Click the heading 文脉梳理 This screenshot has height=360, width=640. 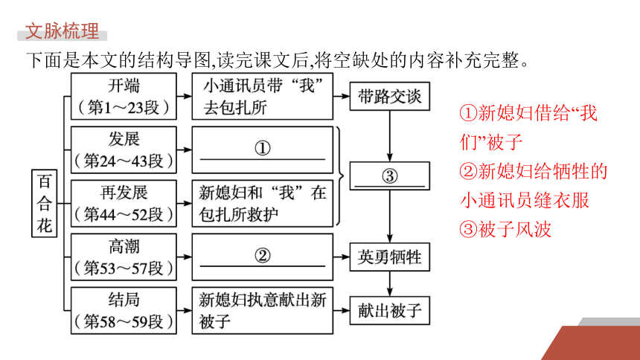coord(62,31)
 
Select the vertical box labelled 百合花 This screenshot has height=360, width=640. coord(44,203)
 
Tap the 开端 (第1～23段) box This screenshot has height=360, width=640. coord(124,97)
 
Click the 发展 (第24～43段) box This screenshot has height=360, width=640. coord(124,150)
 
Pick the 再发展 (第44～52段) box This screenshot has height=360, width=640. coord(124,203)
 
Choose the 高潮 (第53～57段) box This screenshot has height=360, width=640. coord(124,257)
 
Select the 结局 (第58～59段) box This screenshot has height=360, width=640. coord(124,311)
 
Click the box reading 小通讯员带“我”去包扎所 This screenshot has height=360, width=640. coord(263,97)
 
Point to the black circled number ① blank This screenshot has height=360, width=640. coord(263,148)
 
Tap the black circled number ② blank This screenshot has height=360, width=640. coord(263,256)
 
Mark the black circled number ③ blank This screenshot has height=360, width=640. coord(390,176)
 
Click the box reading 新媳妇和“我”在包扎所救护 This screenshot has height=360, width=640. coord(263,203)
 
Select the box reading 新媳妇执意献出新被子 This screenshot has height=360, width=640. coord(263,311)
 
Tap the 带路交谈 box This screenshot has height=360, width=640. coord(390,97)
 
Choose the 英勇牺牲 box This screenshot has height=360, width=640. coord(390,257)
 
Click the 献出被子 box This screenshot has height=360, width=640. coord(390,311)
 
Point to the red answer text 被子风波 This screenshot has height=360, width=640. coord(515,229)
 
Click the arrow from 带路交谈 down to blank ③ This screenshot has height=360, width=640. coord(390,136)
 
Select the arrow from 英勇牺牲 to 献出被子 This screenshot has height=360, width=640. coord(390,284)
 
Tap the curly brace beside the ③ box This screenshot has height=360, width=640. coord(339,176)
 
